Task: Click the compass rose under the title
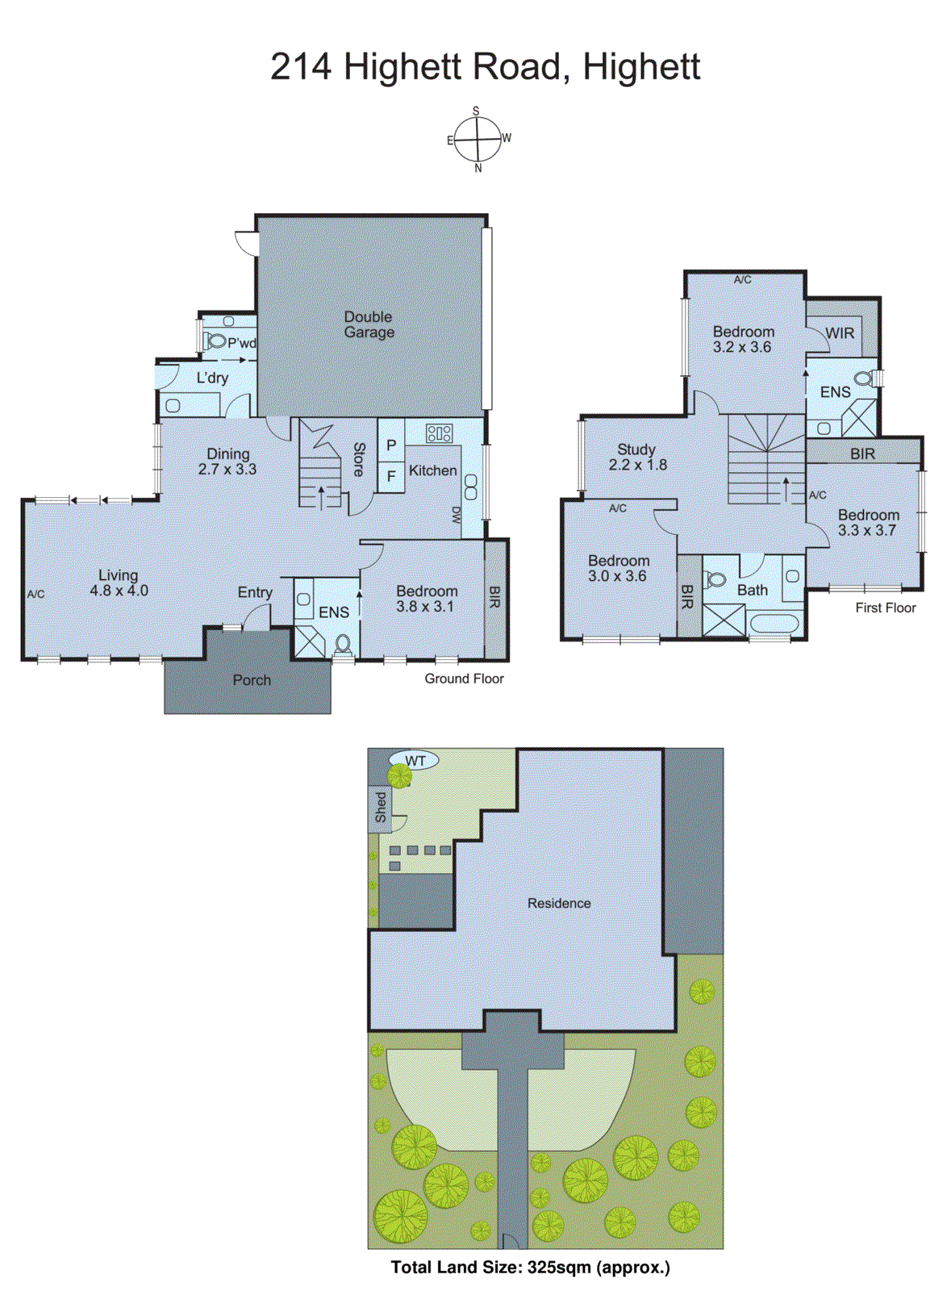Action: click(478, 140)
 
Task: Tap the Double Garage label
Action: click(369, 324)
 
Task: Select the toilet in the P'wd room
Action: click(216, 341)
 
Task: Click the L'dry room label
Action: click(212, 378)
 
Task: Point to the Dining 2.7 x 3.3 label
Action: click(227, 461)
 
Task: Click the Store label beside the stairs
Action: click(359, 459)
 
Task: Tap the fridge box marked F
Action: click(391, 476)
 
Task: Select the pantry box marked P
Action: click(391, 445)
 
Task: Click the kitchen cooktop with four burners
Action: click(439, 433)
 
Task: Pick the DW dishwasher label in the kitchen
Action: click(456, 516)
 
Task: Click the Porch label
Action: click(252, 680)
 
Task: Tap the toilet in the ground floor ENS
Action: click(343, 644)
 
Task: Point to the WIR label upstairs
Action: click(839, 333)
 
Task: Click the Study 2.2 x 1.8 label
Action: click(636, 457)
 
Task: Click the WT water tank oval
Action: click(415, 760)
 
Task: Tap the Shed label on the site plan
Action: click(381, 807)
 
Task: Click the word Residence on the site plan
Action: click(559, 903)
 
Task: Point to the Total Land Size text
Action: click(530, 1267)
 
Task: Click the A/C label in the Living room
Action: click(35, 594)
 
